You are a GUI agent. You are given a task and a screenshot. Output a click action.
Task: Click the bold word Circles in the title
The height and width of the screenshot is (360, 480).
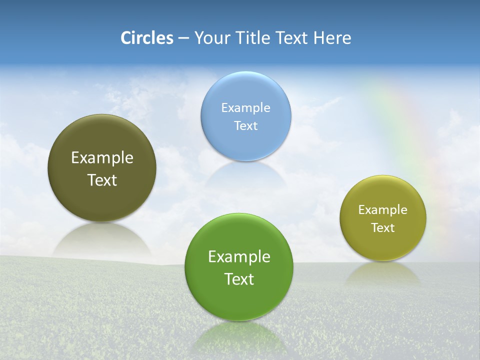pyautogui.click(x=146, y=38)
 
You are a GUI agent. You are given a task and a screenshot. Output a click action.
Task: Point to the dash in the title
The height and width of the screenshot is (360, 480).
pyautogui.click(x=183, y=38)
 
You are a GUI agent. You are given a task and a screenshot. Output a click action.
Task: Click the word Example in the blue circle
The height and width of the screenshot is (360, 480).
pyautogui.click(x=245, y=108)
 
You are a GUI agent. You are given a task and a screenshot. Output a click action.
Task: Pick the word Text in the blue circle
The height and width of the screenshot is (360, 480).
pyautogui.click(x=245, y=126)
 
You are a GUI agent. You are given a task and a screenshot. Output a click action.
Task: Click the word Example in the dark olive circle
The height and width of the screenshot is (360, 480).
pyautogui.click(x=102, y=158)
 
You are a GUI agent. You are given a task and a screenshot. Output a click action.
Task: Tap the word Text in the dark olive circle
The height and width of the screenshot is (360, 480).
pyautogui.click(x=102, y=180)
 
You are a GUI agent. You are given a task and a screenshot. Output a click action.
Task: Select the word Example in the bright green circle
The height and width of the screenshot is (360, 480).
pyautogui.click(x=239, y=257)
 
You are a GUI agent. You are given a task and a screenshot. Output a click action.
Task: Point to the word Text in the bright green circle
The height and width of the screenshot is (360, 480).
pyautogui.click(x=239, y=279)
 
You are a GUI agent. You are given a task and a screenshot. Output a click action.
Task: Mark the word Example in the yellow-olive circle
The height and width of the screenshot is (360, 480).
pyautogui.click(x=383, y=210)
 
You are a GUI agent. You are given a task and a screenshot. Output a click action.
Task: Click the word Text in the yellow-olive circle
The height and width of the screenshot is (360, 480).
pyautogui.click(x=383, y=228)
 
